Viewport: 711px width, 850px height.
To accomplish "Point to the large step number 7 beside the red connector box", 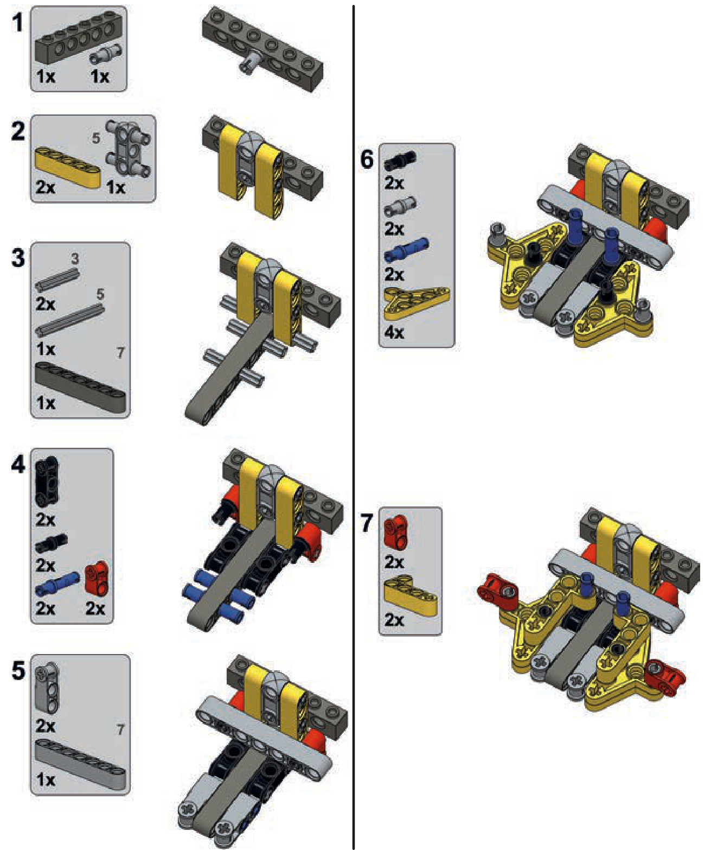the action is [x=367, y=523].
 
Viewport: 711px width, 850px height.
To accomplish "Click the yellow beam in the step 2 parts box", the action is [x=68, y=167].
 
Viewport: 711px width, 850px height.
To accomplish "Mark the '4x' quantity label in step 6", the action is [x=394, y=333].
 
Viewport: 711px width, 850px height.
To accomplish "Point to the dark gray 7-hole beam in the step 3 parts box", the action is [x=80, y=388].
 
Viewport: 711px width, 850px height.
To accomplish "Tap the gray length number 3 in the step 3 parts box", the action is [x=75, y=259].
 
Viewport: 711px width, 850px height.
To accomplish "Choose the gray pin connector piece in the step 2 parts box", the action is [x=128, y=148].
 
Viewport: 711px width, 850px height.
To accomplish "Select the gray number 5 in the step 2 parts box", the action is [x=96, y=138].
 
